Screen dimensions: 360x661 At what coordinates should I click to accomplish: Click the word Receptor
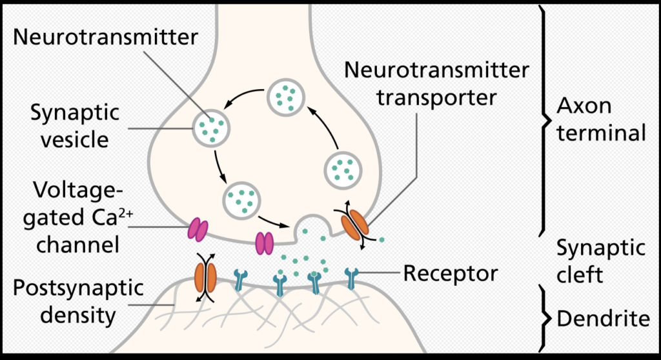point(451,274)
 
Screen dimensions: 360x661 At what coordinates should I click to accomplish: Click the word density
point(77,315)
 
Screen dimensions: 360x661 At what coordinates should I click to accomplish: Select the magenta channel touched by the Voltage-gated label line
point(198,229)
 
